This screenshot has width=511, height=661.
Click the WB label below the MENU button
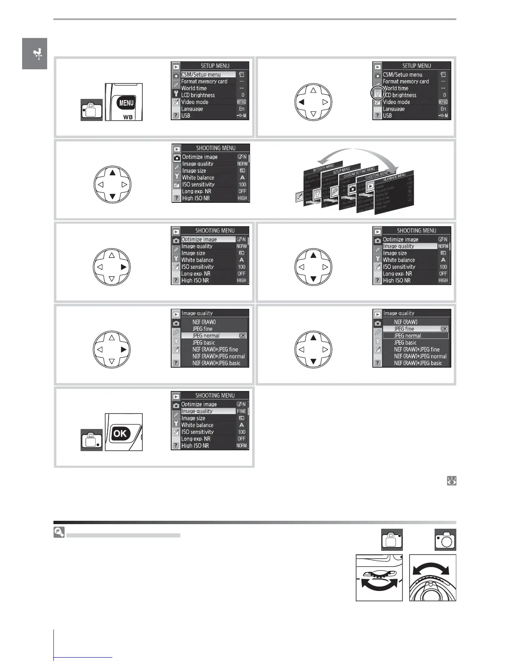[x=128, y=117]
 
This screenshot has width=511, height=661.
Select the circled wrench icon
[x=377, y=94]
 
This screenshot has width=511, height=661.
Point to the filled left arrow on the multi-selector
[x=301, y=102]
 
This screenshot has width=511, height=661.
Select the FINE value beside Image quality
[x=241, y=411]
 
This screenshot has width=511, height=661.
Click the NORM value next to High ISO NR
[x=241, y=446]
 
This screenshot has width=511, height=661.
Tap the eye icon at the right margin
[x=451, y=481]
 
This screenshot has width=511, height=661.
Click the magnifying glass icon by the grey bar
[x=59, y=532]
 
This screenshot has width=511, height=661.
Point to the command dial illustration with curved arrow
[x=379, y=578]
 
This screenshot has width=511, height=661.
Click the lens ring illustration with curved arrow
[x=433, y=578]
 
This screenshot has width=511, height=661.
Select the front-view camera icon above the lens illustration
[x=445, y=540]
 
